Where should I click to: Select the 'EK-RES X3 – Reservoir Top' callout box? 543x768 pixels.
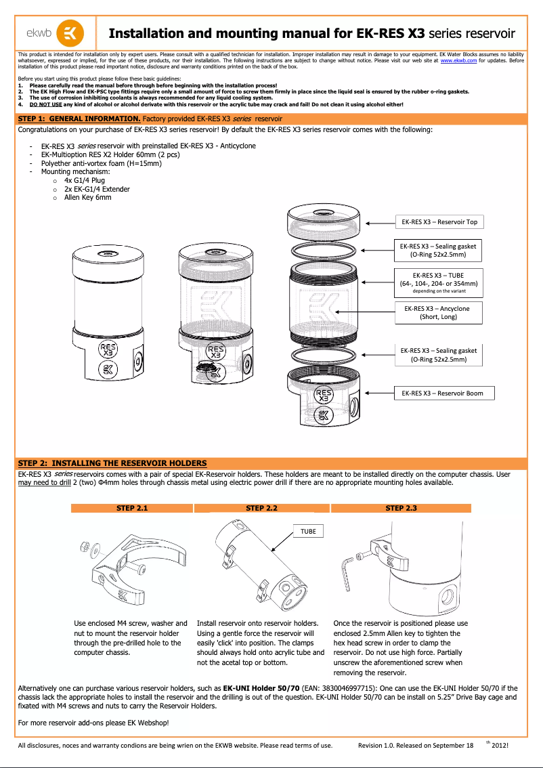pyautogui.click(x=439, y=221)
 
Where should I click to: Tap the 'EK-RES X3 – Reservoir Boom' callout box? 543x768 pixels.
pyautogui.click(x=442, y=393)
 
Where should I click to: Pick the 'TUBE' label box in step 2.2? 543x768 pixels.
pyautogui.click(x=308, y=532)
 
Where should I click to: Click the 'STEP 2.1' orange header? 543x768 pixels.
pyautogui.click(x=131, y=508)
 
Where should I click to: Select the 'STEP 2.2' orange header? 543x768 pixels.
pyautogui.click(x=262, y=508)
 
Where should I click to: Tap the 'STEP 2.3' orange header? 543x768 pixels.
pyautogui.click(x=401, y=508)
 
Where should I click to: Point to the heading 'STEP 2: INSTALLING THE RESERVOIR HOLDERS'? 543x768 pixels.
pyautogui.click(x=112, y=463)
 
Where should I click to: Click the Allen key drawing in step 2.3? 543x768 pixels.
pyautogui.click(x=347, y=564)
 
